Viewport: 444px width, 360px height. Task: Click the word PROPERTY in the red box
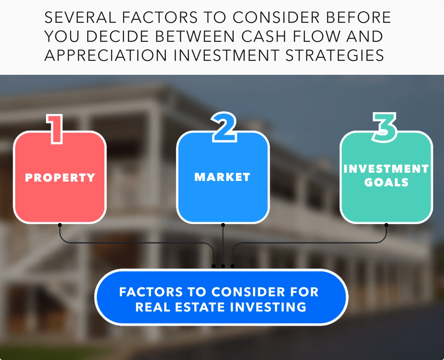tap(60, 177)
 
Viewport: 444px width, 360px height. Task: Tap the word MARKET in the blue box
tap(222, 177)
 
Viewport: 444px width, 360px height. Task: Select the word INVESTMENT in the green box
tap(386, 169)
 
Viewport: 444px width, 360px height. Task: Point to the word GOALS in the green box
tap(386, 182)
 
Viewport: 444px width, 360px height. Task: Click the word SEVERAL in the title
tap(80, 18)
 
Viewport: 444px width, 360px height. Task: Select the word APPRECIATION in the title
tap(106, 55)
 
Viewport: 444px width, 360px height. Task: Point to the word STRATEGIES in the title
tap(335, 55)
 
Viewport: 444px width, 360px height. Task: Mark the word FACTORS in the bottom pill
tap(151, 292)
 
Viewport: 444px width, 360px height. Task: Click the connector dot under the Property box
tap(60, 225)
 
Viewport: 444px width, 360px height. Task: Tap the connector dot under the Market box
tap(223, 225)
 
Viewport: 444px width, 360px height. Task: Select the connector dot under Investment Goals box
tap(386, 225)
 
